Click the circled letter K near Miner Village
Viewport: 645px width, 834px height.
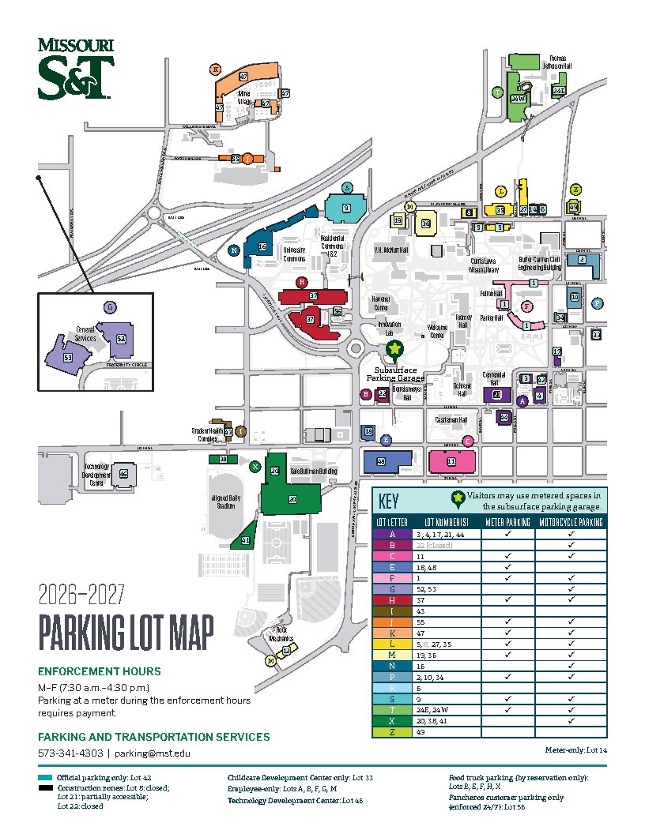click(215, 69)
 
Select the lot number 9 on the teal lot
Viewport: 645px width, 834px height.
click(345, 208)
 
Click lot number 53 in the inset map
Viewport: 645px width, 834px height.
click(68, 358)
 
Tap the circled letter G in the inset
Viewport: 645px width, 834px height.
click(110, 306)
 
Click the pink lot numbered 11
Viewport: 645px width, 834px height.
click(451, 461)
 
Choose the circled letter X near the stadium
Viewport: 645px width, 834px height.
click(255, 467)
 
